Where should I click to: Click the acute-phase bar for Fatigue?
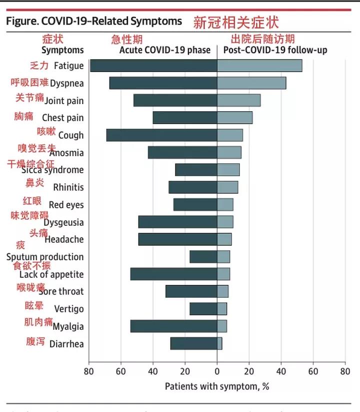tap(153, 66)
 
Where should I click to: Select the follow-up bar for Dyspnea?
tap(251, 83)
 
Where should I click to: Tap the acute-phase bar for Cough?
tap(161, 135)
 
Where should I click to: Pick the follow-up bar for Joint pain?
tap(238, 100)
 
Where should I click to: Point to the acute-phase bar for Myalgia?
tap(173, 326)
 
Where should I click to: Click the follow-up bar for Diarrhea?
tap(219, 343)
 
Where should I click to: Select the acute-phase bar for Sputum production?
tap(203, 257)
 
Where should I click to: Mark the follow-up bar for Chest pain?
tap(234, 118)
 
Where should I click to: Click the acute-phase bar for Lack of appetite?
tap(173, 274)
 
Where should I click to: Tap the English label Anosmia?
tap(66, 153)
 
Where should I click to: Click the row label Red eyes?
tap(66, 205)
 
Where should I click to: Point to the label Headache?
tap(64, 240)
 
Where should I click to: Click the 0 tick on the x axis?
tap(217, 371)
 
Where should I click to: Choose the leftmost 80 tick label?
tap(89, 371)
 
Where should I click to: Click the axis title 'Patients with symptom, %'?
tap(217, 386)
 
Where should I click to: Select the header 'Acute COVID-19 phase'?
tap(164, 50)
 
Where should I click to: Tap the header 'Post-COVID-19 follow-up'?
tap(275, 50)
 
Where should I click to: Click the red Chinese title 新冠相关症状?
tap(236, 23)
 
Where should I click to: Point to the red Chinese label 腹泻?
tap(35, 342)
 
